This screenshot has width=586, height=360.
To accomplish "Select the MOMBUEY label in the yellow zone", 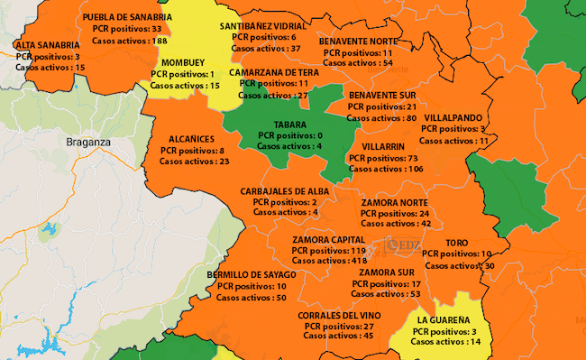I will click(185, 61).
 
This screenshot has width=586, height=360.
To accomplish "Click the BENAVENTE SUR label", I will click(382, 95).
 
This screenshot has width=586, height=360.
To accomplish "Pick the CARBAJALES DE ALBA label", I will click(285, 191).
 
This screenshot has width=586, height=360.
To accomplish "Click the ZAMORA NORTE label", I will click(395, 203).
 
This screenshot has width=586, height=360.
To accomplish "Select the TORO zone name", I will click(457, 244).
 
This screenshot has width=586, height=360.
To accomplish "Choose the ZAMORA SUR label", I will click(388, 272).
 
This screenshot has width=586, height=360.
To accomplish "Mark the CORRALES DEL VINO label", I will click(339, 315).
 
